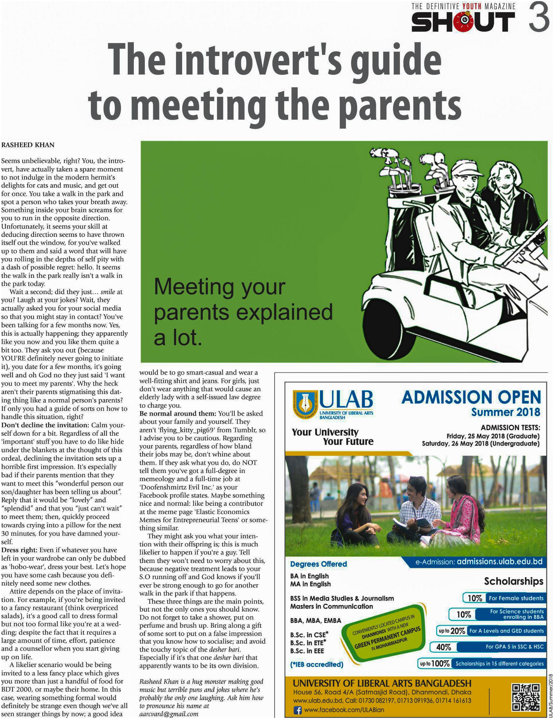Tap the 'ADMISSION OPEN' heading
[x=471, y=397]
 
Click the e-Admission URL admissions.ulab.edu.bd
[x=499, y=561]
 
